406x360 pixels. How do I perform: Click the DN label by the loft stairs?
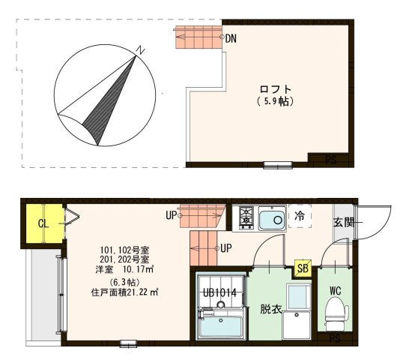coord(231,37)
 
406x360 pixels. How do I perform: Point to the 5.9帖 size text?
coord(275,102)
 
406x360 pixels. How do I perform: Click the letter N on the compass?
coord(139,50)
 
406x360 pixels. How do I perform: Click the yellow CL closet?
coord(43,223)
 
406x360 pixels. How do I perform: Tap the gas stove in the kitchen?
coord(245,218)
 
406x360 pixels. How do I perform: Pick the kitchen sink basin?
coord(272,219)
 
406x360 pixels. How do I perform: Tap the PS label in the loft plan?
coord(330,160)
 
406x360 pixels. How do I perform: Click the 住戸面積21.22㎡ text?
coord(124,292)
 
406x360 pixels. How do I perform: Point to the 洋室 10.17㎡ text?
coord(124,268)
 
